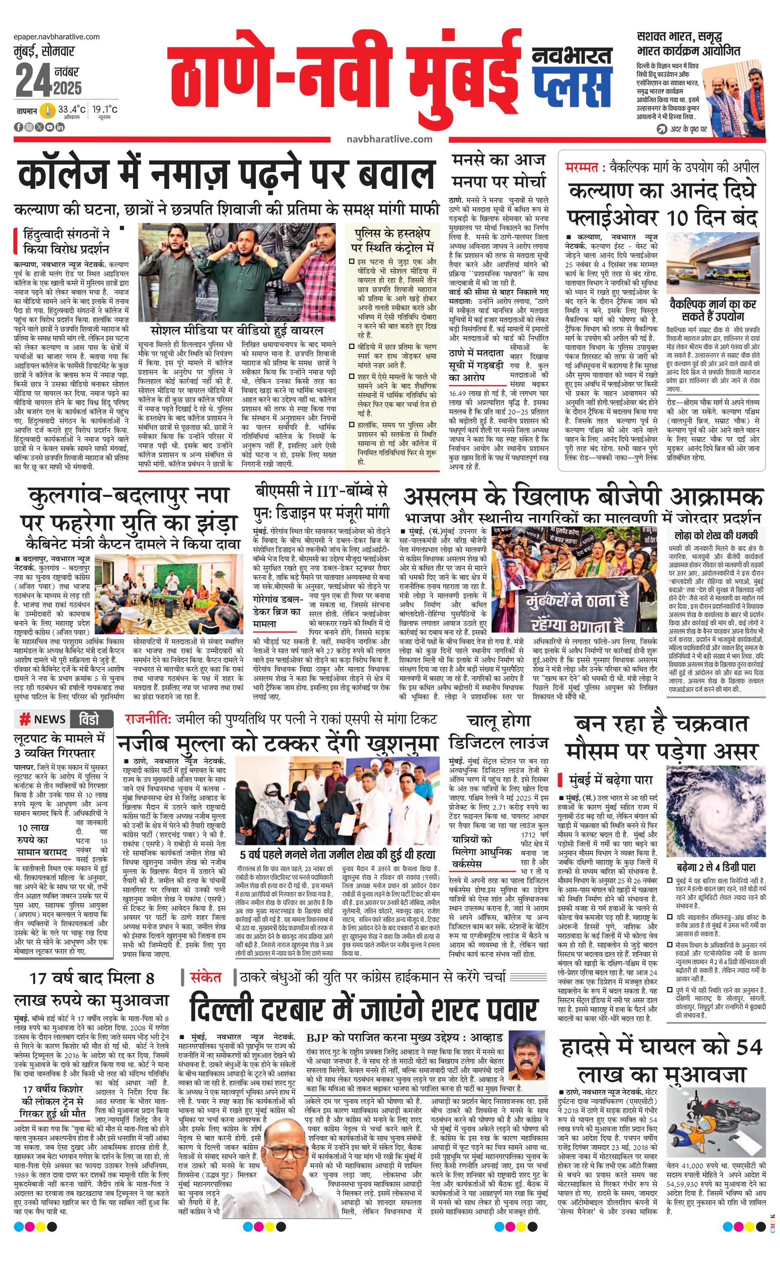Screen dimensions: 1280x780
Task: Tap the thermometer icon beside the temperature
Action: [47, 111]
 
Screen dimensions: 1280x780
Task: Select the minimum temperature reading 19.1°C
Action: [105, 110]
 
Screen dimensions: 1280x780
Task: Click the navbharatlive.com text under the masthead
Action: [389, 139]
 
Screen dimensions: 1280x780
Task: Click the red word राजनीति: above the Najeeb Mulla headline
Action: [148, 719]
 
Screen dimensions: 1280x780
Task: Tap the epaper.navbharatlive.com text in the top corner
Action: [57, 37]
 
